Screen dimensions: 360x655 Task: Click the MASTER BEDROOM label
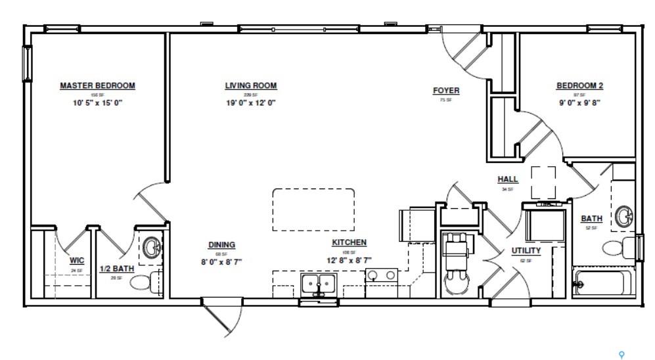click(97, 85)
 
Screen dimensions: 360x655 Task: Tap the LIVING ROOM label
click(250, 85)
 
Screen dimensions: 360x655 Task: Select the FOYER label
click(445, 91)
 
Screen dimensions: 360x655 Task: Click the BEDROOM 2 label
click(579, 85)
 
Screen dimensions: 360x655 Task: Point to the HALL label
click(507, 179)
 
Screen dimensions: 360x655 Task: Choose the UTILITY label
click(526, 250)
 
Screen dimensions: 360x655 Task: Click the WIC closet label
click(77, 260)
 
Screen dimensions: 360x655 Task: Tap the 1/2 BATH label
click(114, 268)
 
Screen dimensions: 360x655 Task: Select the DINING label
click(221, 245)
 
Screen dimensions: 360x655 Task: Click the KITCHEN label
click(349, 242)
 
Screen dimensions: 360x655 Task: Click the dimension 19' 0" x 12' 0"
click(250, 102)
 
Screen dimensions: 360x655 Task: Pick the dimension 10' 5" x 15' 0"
click(97, 102)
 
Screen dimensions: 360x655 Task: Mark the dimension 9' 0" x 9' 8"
click(579, 102)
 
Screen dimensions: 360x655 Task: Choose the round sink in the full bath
click(623, 215)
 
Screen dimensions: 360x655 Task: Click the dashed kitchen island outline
click(314, 209)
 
